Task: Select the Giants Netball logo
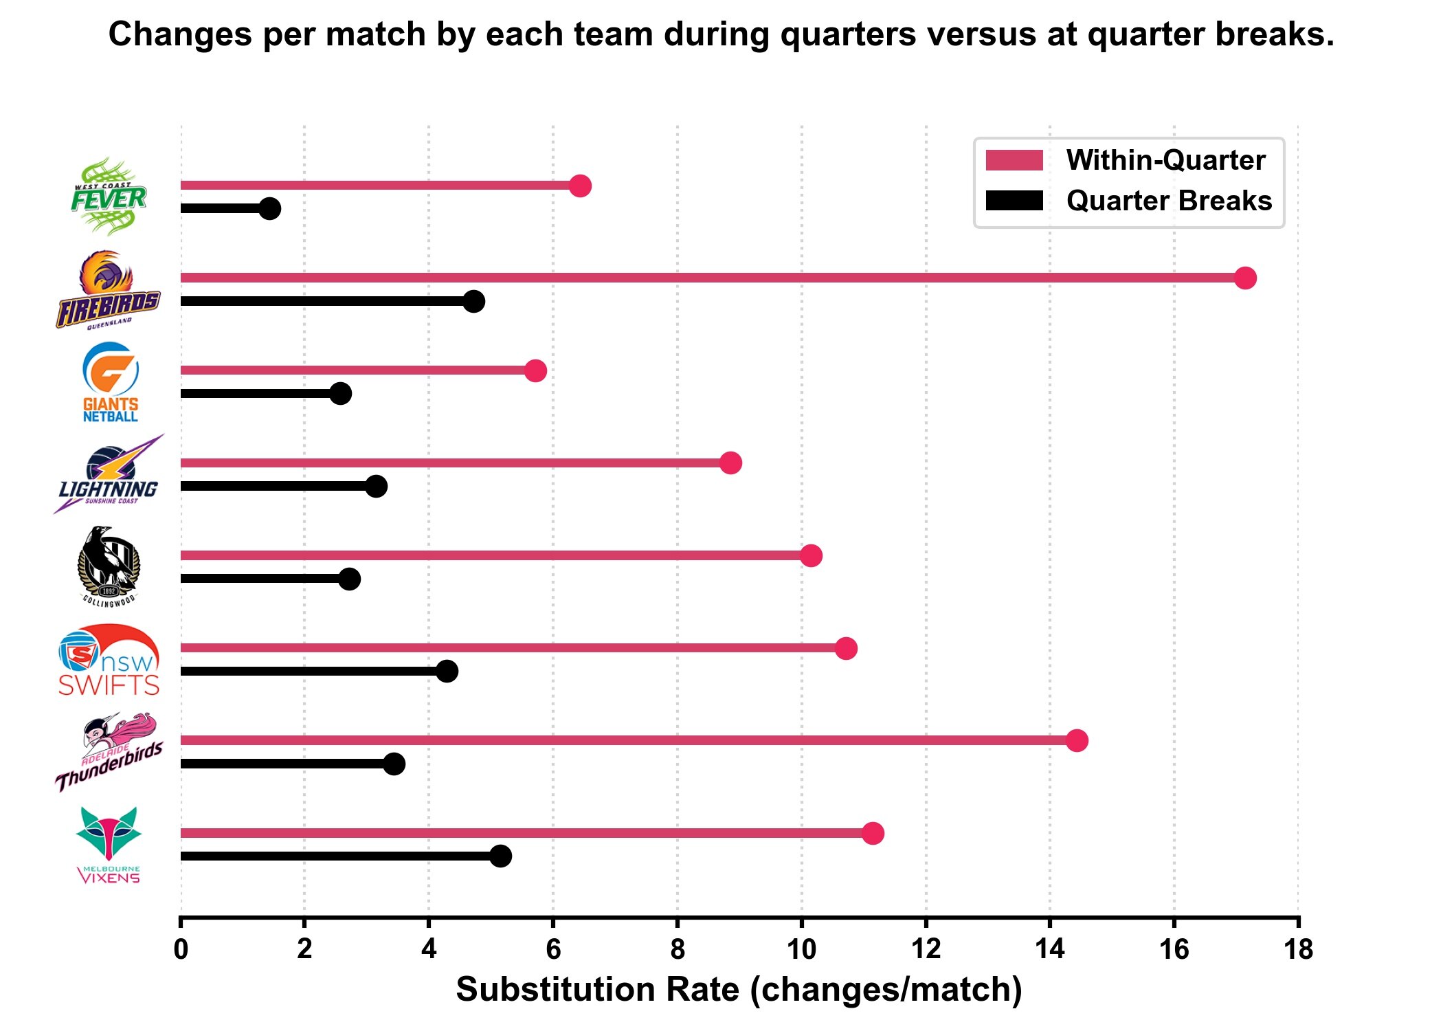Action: point(110,382)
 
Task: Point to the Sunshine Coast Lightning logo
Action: point(109,475)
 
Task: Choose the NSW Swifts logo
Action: point(109,660)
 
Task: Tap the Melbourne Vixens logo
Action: point(109,845)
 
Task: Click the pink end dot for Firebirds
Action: point(1245,278)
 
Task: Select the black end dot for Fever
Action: point(270,208)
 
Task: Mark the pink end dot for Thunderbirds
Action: point(1077,740)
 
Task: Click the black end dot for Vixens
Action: point(501,856)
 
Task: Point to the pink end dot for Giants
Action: point(535,370)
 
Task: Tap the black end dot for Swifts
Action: point(447,671)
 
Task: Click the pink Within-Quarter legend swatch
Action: point(1014,160)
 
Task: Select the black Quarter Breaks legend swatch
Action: point(1014,201)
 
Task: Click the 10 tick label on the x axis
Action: point(801,950)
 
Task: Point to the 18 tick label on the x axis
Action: point(1298,950)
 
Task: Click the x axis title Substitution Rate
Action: point(739,990)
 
